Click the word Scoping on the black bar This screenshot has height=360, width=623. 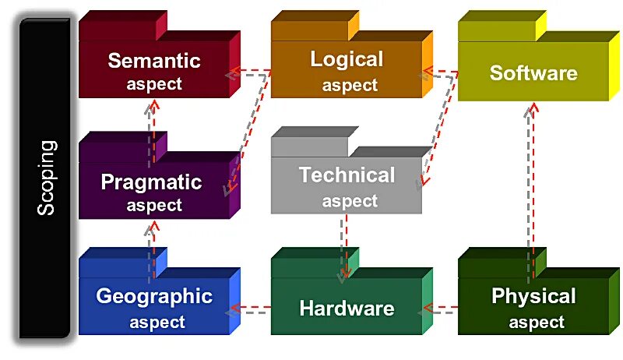[47, 178]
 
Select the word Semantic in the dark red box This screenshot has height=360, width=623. [154, 61]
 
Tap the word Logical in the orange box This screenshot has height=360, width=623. [347, 59]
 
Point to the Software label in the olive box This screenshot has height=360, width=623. [533, 73]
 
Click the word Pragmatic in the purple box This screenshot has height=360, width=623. [151, 182]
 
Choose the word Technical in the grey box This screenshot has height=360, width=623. [347, 175]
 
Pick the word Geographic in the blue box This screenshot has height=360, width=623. [154, 296]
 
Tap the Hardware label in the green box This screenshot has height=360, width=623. [347, 308]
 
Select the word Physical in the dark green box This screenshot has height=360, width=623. [533, 296]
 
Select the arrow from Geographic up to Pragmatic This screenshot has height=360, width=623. [152, 242]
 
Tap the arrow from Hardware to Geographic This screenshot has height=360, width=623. [249, 310]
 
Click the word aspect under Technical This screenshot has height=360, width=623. [350, 201]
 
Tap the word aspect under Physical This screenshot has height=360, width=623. [537, 321]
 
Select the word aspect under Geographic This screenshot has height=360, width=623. [157, 321]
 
